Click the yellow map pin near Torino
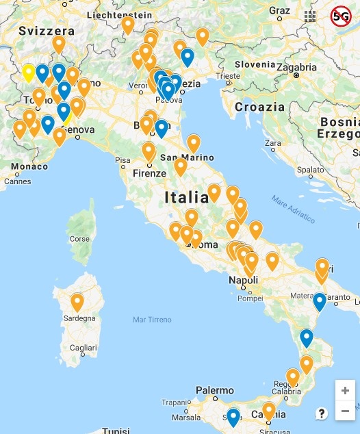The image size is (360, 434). point(28,71)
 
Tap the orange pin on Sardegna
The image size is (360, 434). point(77,301)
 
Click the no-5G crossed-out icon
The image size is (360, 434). point(340,16)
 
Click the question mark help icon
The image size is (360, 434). point(322,413)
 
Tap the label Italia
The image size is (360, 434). point(186,198)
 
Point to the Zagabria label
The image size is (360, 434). point(297,67)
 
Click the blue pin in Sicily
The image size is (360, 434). point(233,416)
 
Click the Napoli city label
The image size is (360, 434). point(243,281)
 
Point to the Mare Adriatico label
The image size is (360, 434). point(293,209)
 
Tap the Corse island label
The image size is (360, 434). point(80,239)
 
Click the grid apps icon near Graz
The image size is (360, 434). point(311,16)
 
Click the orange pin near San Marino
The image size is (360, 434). point(194,142)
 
